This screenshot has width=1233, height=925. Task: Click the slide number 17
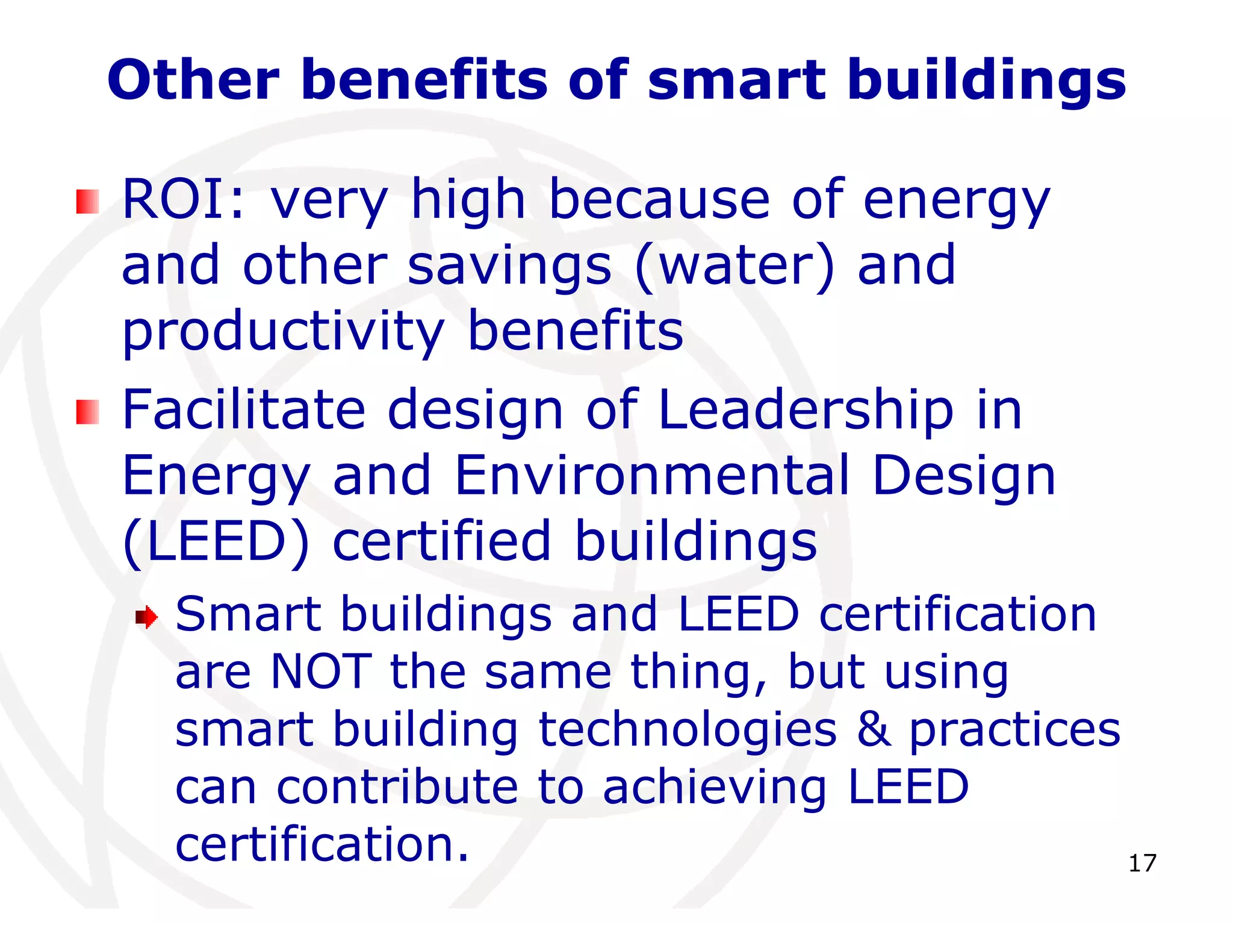[x=1142, y=863]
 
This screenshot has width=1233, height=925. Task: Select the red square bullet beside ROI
[x=87, y=202]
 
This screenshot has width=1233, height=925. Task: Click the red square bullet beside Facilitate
[x=87, y=412]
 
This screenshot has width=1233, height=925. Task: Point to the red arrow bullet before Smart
[x=146, y=617]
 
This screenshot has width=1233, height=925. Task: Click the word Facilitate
[x=244, y=410]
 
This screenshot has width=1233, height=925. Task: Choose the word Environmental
[x=653, y=475]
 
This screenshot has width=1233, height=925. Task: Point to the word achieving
[x=715, y=788]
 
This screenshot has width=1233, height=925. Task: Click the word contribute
[x=397, y=787]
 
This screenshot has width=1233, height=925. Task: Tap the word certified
[x=442, y=541]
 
